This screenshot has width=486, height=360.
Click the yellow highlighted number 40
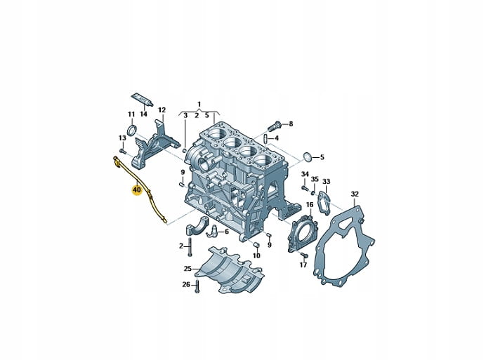pos(137,189)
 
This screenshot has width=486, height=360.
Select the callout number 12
pos(162,110)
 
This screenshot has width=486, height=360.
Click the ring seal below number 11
pos(132,131)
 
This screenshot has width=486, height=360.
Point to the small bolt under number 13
pos(122,151)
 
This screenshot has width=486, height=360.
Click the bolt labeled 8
pos(275,126)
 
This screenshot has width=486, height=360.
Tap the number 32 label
pos(355,194)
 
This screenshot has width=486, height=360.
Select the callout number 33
pos(327,181)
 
